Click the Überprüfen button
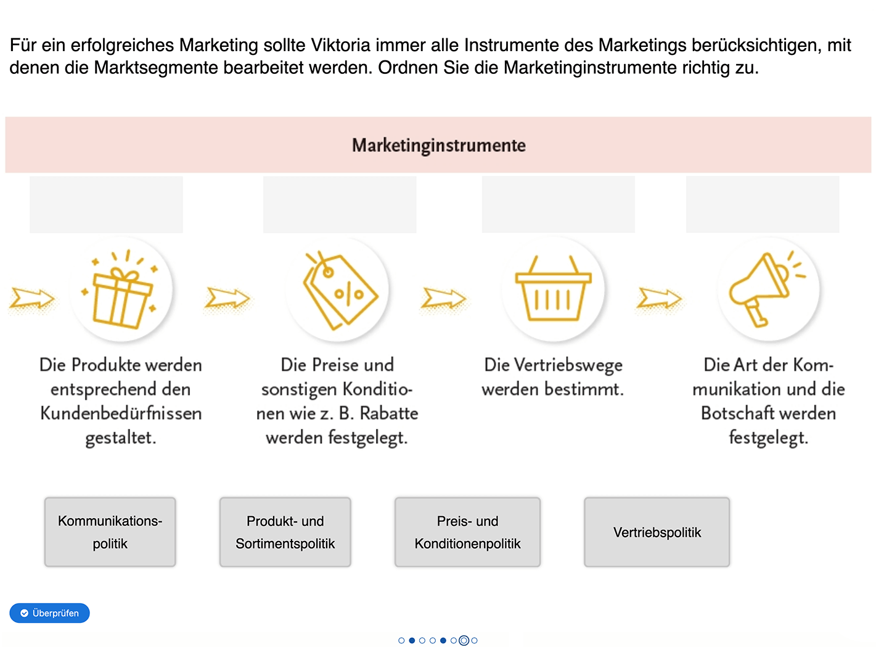[x=49, y=613]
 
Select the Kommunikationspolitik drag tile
[x=110, y=532]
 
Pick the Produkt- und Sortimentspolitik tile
[x=285, y=532]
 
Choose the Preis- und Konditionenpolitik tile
[x=467, y=532]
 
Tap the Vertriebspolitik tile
[x=657, y=532]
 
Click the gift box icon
[x=121, y=290]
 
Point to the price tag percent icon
[x=338, y=290]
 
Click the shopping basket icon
[x=553, y=290]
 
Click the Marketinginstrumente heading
[x=438, y=145]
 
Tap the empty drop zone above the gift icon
[x=106, y=205]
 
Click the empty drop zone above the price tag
[x=340, y=205]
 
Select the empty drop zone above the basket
[x=558, y=205]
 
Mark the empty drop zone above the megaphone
[x=763, y=205]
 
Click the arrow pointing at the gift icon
[x=33, y=299]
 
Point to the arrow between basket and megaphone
[x=659, y=299]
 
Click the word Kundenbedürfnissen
[x=121, y=413]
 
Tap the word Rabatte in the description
[x=389, y=413]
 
